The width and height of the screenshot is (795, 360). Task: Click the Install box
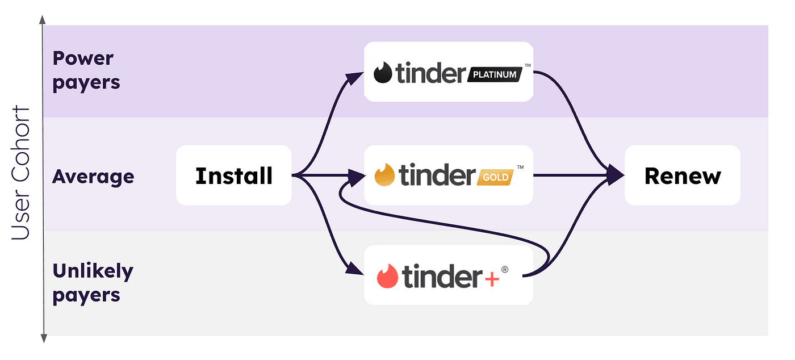(x=233, y=175)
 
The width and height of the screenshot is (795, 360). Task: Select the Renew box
(x=682, y=175)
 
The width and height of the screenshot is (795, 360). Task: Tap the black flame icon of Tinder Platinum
(x=383, y=73)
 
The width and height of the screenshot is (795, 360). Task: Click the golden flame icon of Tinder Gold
(x=385, y=175)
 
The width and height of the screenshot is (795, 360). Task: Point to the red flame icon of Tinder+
(x=387, y=277)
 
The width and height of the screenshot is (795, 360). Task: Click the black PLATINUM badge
(x=494, y=74)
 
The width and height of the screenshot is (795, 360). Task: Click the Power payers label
(x=86, y=70)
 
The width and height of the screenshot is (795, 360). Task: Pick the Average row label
(x=93, y=176)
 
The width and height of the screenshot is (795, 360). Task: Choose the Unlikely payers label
(x=93, y=283)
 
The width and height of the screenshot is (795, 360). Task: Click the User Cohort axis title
(x=21, y=172)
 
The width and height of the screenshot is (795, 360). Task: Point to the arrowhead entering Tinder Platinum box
(x=357, y=76)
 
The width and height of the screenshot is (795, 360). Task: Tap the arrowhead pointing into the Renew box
(x=616, y=175)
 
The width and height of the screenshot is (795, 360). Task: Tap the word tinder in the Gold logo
(x=436, y=175)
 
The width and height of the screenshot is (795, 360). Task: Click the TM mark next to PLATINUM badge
(x=528, y=66)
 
